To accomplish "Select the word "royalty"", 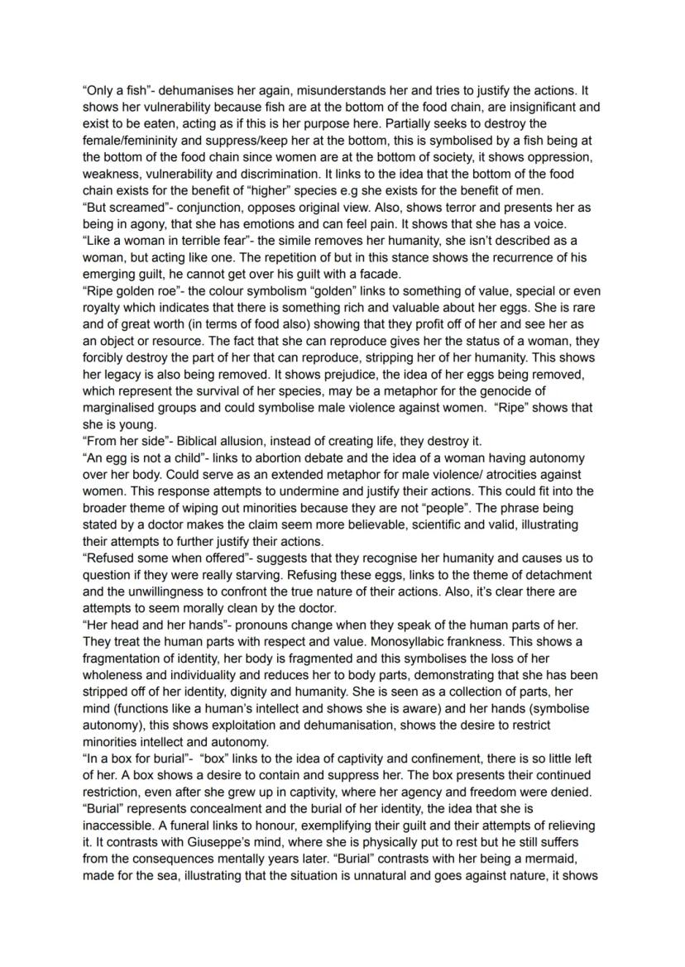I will click(106, 308).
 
